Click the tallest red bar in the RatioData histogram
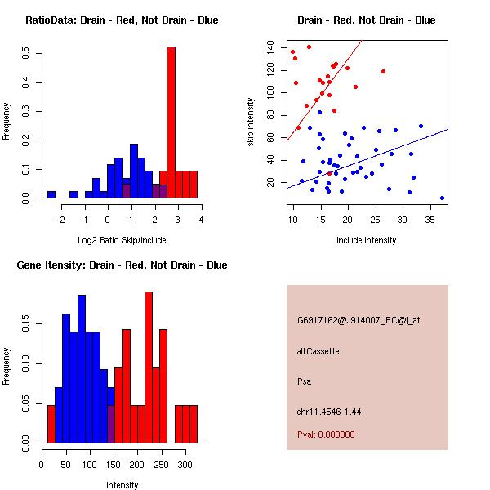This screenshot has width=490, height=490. click(x=171, y=122)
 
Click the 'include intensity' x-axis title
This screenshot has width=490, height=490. click(x=367, y=240)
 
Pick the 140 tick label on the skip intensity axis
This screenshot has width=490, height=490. click(x=271, y=48)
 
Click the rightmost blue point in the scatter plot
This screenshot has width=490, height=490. click(x=442, y=198)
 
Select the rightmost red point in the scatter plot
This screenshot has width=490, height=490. click(x=383, y=72)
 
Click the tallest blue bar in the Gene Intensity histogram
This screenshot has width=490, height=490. click(x=82, y=368)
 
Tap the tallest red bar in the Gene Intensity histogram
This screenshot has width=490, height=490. click(x=149, y=367)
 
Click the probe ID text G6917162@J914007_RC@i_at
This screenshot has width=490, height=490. click(x=359, y=321)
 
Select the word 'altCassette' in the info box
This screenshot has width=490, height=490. click(x=318, y=351)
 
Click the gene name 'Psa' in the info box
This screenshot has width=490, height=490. click(x=304, y=381)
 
